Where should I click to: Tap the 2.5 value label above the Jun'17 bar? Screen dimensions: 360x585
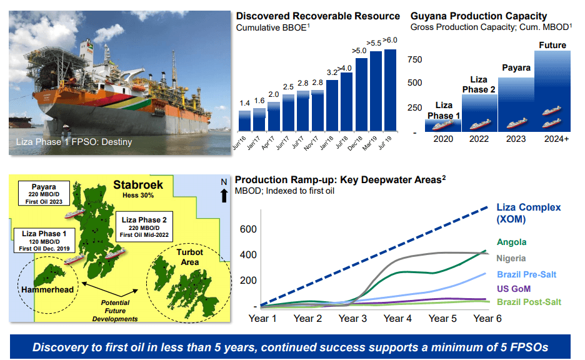[x=288, y=87]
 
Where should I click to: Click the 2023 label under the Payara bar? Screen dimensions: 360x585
[x=515, y=138]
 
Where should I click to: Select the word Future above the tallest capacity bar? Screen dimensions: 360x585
[x=552, y=45]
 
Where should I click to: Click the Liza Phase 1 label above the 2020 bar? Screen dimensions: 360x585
[x=444, y=110]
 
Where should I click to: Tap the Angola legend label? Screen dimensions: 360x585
[x=511, y=242]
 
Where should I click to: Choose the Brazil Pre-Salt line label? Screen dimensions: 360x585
[x=526, y=274]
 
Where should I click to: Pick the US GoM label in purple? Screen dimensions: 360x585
[x=514, y=289]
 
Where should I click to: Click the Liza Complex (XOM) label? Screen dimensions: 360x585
[x=528, y=213]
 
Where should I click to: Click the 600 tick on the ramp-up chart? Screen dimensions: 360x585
[x=248, y=229]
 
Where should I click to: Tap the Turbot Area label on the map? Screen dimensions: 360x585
[x=189, y=257]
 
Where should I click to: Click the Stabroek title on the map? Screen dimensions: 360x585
[x=138, y=185]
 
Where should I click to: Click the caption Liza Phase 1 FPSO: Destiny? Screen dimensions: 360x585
[x=74, y=142]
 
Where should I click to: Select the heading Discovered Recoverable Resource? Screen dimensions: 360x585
[x=317, y=16]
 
